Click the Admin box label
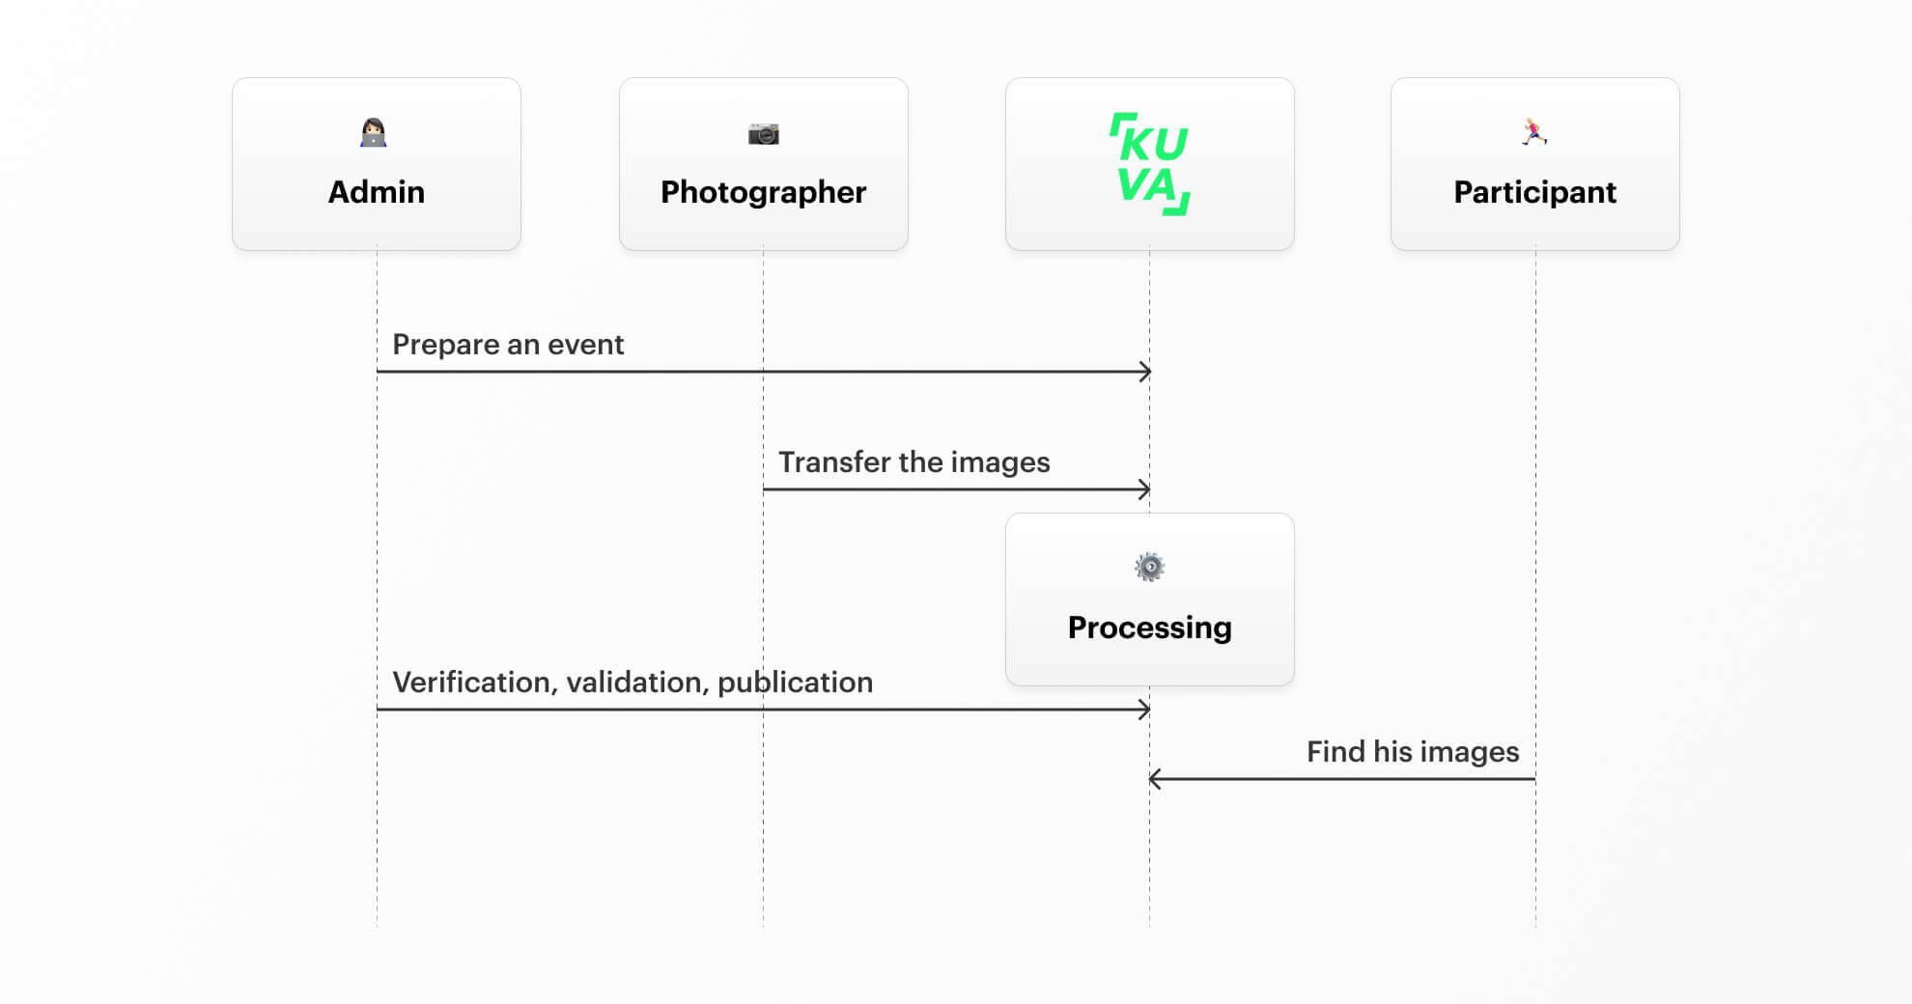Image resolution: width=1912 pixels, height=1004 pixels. [x=377, y=192]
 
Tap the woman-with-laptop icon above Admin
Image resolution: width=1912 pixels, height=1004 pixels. [x=374, y=132]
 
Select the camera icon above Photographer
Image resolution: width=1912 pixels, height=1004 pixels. [x=764, y=134]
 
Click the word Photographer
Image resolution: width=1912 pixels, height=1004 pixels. [x=764, y=193]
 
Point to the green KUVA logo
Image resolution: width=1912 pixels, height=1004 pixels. [x=1150, y=163]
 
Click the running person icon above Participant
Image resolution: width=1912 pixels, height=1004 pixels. [x=1534, y=132]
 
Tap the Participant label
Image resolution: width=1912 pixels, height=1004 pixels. [x=1535, y=193]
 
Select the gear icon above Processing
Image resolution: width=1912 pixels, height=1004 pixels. [x=1150, y=567]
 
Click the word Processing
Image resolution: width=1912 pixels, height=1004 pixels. [x=1150, y=628]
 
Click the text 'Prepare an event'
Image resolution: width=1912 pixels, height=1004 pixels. [x=508, y=345]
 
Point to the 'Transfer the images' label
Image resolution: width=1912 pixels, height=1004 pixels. [x=914, y=462]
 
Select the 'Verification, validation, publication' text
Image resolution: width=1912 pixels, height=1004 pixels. [x=633, y=683]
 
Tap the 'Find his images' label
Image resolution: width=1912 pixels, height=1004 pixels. [x=1413, y=752]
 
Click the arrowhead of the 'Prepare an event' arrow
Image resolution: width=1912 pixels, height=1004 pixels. [x=1147, y=372]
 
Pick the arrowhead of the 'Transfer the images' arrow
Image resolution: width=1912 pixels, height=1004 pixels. [x=1147, y=489]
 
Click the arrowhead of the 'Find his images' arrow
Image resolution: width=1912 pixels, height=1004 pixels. [x=1153, y=779]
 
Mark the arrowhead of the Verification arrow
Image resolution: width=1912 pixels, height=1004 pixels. [x=1147, y=710]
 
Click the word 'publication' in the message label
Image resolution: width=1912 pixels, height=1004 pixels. [x=796, y=683]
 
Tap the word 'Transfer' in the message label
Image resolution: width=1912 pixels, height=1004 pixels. [x=834, y=462]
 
